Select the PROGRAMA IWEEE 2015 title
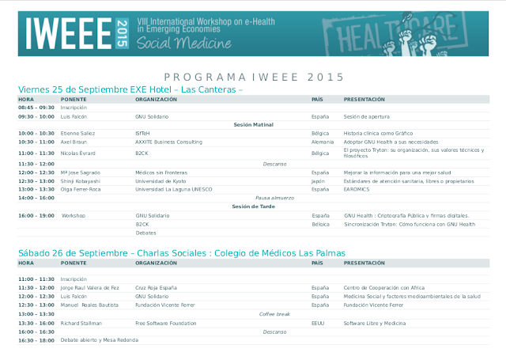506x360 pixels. (x=254, y=77)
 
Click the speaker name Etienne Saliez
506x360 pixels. (x=77, y=133)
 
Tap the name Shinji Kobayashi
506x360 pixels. (x=81, y=180)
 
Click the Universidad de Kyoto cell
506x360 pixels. (x=160, y=180)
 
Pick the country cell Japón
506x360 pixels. (x=319, y=180)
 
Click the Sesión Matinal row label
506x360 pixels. (x=253, y=124)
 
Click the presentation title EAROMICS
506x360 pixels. (x=357, y=189)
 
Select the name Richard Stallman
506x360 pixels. (x=81, y=323)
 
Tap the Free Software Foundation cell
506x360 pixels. (x=165, y=323)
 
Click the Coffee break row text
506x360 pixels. (x=274, y=313)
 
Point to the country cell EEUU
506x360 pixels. (x=319, y=323)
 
